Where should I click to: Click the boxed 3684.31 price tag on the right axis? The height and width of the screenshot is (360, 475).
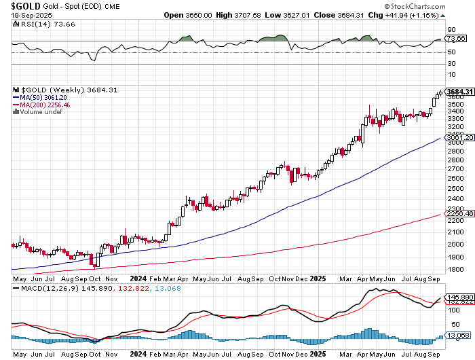coord(459,91)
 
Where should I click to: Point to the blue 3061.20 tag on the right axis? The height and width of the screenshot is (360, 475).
coord(459,137)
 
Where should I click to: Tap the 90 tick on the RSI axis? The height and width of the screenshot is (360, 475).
coord(451,29)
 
